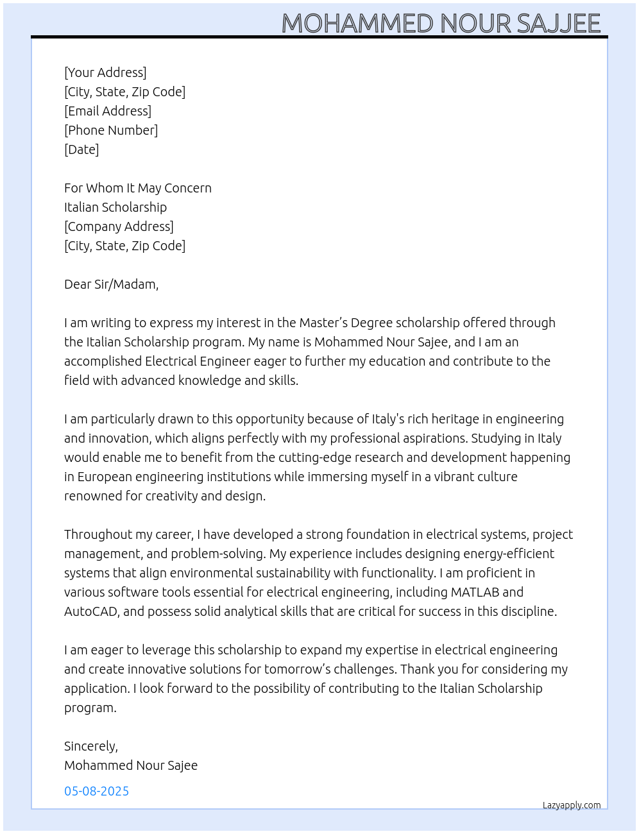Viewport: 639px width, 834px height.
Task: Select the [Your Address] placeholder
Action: click(105, 72)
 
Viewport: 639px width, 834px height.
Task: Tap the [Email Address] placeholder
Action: click(108, 111)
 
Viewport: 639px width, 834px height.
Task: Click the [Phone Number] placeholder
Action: click(111, 130)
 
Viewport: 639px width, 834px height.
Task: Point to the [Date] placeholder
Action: click(81, 149)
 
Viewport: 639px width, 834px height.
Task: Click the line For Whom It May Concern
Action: click(138, 188)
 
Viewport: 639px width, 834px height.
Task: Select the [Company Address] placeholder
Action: click(119, 226)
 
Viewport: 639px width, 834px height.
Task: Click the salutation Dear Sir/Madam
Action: click(111, 284)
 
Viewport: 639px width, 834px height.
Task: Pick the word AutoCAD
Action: click(90, 611)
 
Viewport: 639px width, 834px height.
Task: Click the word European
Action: click(105, 477)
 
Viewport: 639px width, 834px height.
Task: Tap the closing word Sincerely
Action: click(90, 746)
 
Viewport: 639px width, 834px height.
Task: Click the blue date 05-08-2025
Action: click(96, 791)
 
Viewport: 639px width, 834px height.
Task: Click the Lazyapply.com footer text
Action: click(572, 805)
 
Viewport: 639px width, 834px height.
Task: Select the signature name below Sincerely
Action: click(131, 765)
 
